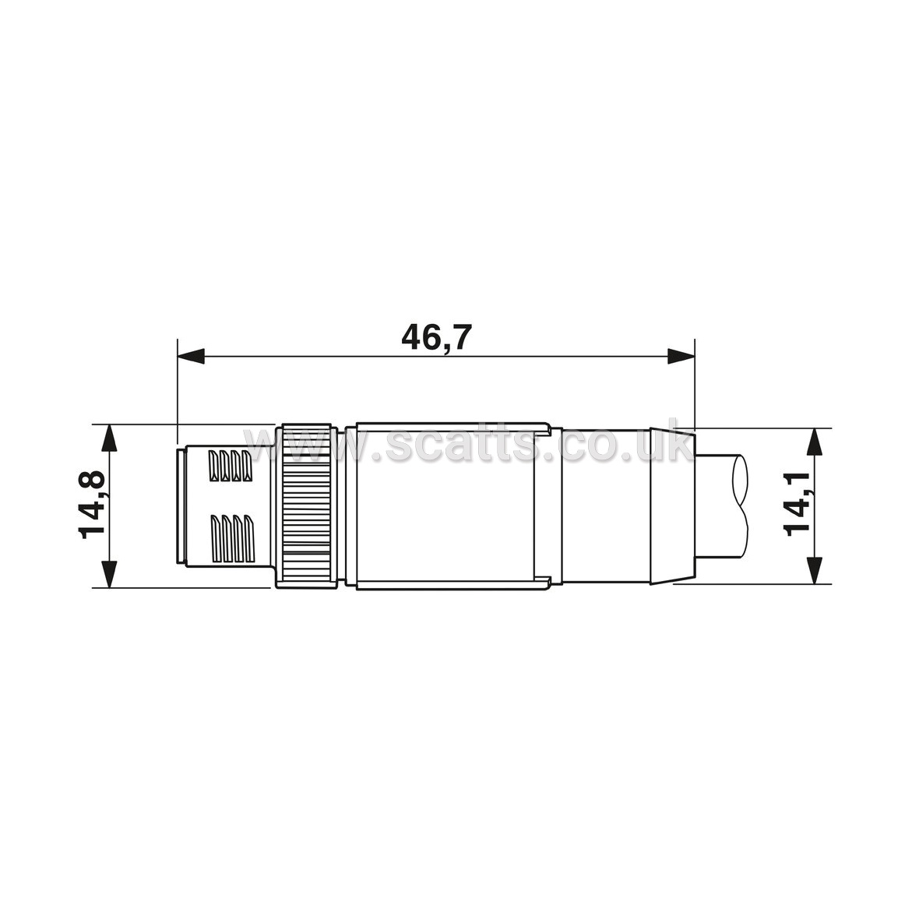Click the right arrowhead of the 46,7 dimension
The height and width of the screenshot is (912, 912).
pos(681,356)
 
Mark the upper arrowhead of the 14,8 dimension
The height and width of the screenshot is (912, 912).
pos(109,438)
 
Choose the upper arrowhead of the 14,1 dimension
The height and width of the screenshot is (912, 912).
pos(815,442)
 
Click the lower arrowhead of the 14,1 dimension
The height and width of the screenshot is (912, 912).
pos(815,570)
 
